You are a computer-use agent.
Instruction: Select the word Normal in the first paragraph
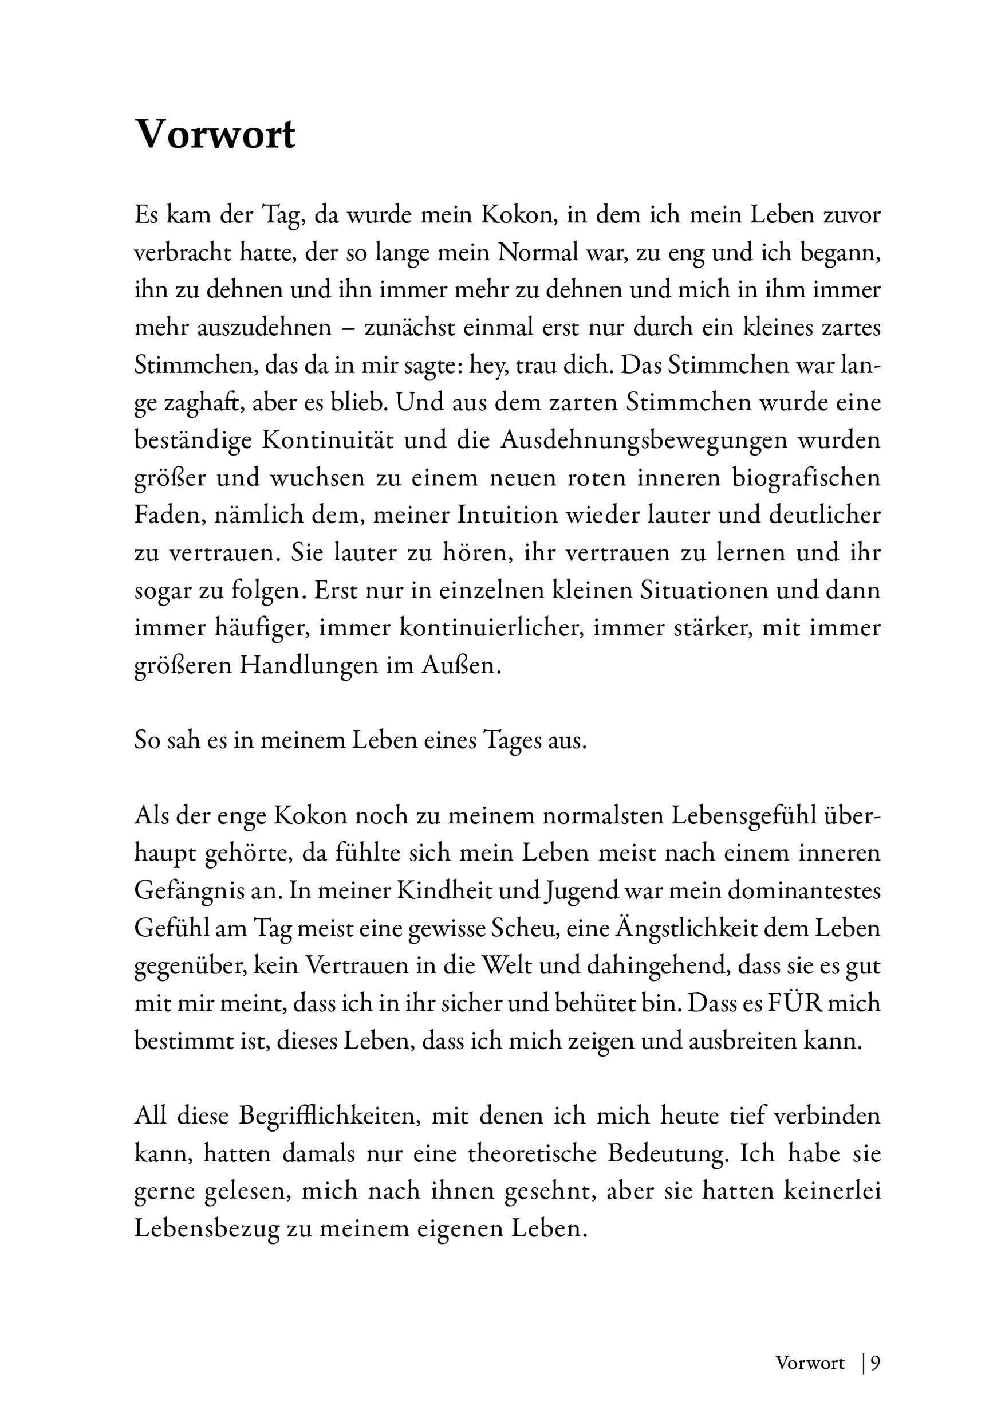[539, 253]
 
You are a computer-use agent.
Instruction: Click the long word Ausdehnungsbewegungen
[644, 440]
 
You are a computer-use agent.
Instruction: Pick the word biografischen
[806, 478]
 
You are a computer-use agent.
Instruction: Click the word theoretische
[532, 1153]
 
